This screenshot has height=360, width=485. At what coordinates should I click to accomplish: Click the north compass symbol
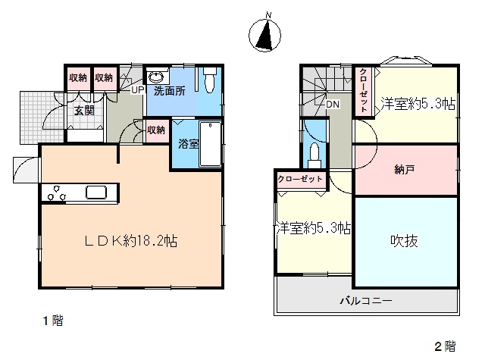pos(264,34)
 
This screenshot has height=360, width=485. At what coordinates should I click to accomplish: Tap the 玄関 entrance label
pos(84,111)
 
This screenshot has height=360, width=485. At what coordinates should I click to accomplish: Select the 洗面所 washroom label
pos(170,91)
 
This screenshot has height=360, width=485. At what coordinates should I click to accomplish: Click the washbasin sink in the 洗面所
pos(157,77)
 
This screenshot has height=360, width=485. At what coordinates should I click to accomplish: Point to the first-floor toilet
pos(209,80)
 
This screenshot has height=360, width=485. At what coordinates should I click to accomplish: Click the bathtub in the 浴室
pos(211,145)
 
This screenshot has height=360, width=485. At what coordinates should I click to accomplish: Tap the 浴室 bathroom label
pos(188,144)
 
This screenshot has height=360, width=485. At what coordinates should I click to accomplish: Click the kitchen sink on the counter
pos(96,193)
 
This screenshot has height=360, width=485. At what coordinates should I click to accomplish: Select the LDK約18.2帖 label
pos(131,241)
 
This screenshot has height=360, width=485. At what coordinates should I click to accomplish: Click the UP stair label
pos(138,90)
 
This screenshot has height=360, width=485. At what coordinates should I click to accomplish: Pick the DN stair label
pos(333,105)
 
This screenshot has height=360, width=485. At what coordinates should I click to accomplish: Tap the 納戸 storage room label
pos(404,170)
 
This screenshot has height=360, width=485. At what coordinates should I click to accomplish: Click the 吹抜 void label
pos(404,241)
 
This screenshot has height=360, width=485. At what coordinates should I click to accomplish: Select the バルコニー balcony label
pos(366,300)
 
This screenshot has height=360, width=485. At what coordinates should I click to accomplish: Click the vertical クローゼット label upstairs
pos(364,90)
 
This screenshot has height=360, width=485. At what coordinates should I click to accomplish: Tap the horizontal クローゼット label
pos(300,179)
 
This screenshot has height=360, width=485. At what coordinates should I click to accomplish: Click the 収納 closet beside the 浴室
pos(156,130)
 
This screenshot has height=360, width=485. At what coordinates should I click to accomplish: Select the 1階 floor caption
pos(53,321)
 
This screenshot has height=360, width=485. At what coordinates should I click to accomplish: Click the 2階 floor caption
pos(445,346)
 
